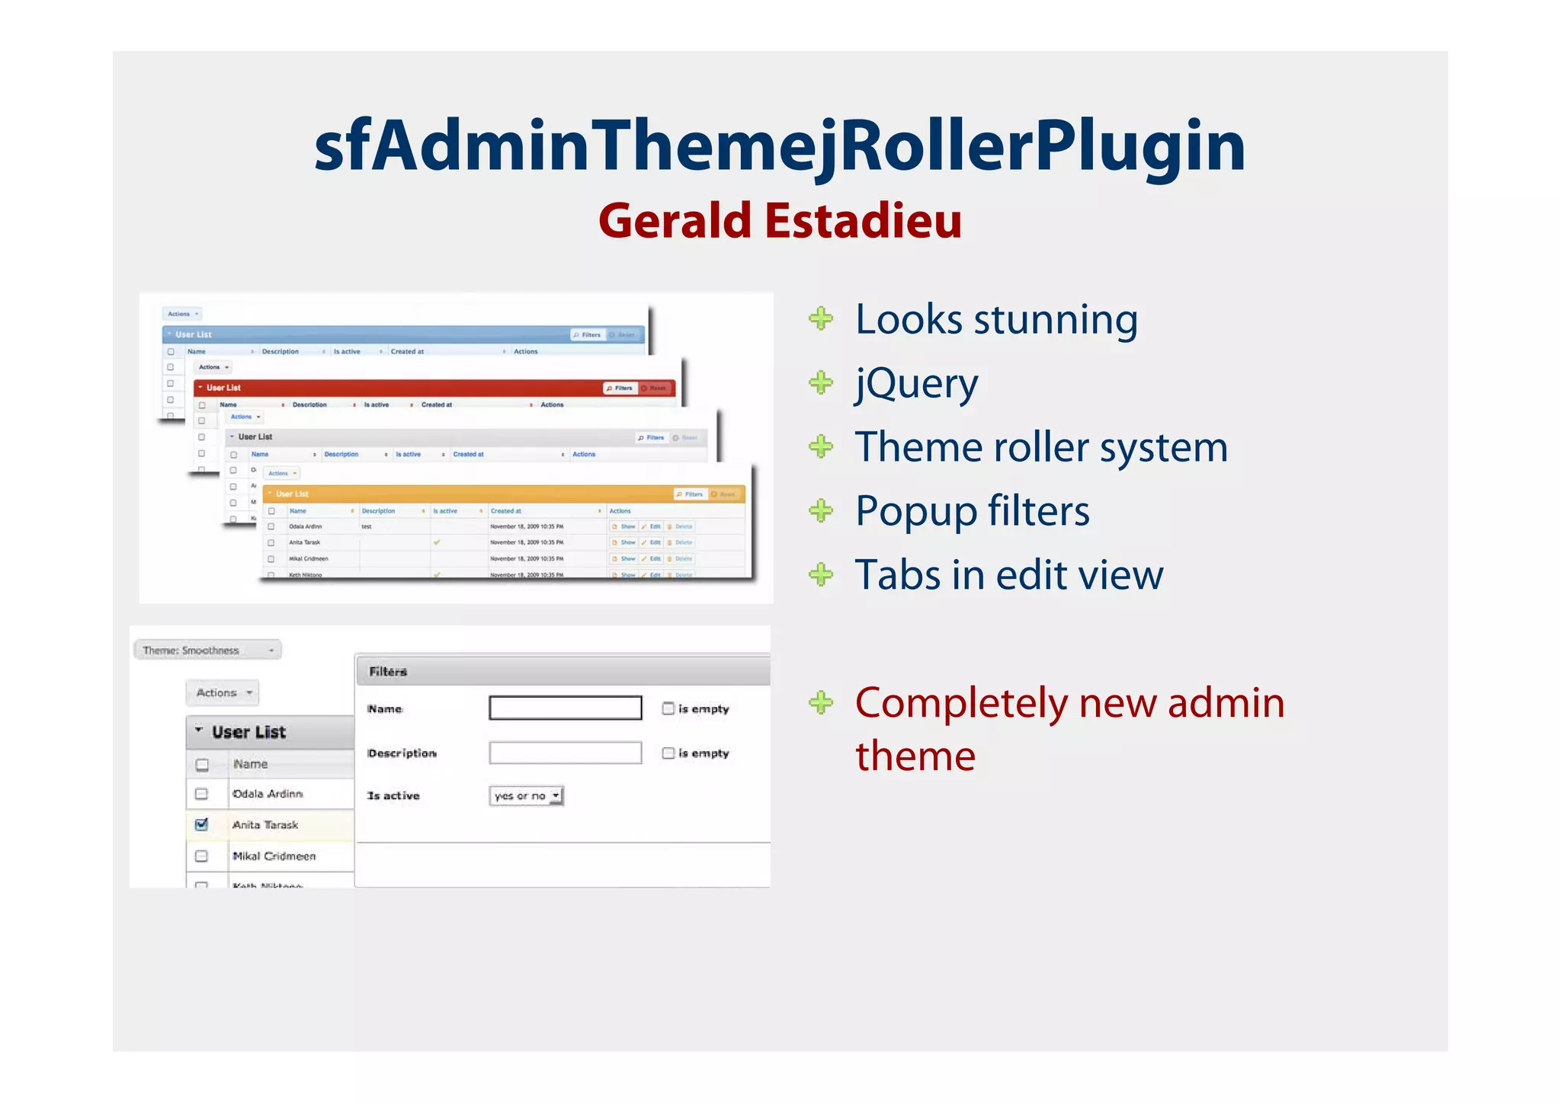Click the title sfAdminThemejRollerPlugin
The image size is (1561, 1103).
[780, 146]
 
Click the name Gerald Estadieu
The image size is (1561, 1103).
[780, 221]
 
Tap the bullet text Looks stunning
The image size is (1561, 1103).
[996, 319]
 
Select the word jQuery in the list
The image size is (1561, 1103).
[916, 383]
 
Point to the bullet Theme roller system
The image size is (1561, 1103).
[1041, 447]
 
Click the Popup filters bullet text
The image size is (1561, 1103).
[972, 511]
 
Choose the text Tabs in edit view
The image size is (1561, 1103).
[1008, 575]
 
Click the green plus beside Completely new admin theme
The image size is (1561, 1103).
[821, 702]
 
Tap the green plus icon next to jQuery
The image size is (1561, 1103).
[821, 382]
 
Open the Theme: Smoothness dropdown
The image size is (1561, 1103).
[207, 650]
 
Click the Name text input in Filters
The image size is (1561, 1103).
[565, 708]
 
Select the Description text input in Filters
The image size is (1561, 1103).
[565, 753]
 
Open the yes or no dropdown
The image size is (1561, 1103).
[526, 796]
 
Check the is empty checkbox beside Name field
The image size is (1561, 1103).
[668, 708]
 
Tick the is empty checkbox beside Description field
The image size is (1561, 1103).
[668, 753]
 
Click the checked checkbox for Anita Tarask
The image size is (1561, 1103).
[201, 824]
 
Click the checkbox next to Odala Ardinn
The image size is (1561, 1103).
[201, 794]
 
